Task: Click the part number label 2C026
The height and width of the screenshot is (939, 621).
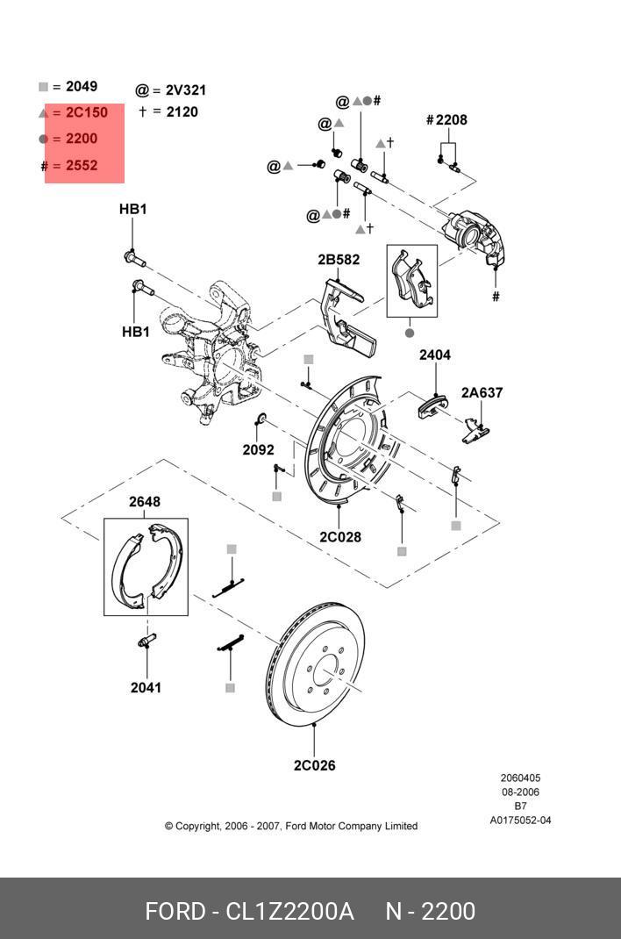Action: click(314, 765)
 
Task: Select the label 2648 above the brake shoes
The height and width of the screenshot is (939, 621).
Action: click(145, 502)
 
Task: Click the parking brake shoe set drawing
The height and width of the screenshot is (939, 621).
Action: click(146, 566)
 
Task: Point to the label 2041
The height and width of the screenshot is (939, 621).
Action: click(146, 687)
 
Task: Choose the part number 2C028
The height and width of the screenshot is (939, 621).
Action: click(339, 537)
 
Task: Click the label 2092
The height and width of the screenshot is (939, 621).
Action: click(258, 450)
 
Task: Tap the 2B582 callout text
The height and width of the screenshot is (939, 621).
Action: click(339, 260)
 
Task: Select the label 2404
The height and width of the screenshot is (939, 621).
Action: click(435, 355)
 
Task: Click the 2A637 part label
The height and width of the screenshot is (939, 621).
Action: click(482, 393)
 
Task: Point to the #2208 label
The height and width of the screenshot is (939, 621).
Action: click(446, 120)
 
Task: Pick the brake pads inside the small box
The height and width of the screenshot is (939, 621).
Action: click(411, 279)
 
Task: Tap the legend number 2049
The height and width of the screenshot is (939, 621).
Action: click(82, 87)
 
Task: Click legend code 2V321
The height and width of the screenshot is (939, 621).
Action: click(186, 90)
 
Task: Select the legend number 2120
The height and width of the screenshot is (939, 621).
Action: click(182, 111)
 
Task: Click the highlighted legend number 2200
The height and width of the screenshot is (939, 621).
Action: click(82, 139)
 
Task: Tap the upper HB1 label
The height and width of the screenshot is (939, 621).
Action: click(133, 209)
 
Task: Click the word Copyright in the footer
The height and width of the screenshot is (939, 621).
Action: click(197, 826)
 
